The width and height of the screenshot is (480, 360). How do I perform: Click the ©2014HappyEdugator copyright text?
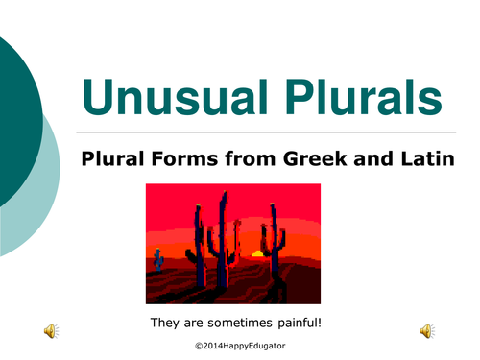pos(239,343)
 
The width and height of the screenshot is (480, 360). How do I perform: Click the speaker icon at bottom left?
pos(49,331)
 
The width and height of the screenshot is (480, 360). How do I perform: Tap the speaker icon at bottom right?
pos(425,331)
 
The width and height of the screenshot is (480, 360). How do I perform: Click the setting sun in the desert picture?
pos(256,253)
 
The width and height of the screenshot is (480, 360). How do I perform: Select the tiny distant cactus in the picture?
pos(157,254)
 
